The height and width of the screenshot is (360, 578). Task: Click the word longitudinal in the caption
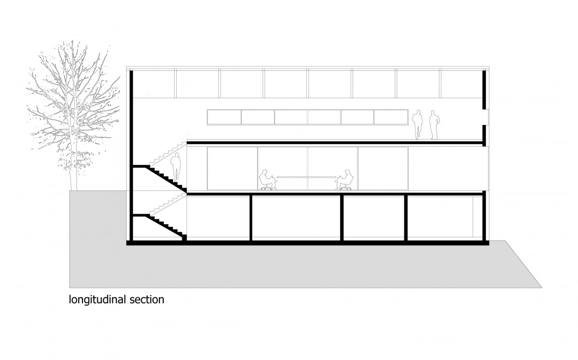(96, 299)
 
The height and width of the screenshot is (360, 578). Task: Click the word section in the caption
(145, 299)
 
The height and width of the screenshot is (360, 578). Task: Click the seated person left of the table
(266, 179)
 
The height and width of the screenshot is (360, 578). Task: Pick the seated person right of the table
(345, 179)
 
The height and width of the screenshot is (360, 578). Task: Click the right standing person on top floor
(434, 125)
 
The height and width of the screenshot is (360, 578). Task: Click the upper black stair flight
(164, 178)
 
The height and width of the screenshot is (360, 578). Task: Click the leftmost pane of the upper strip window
(224, 116)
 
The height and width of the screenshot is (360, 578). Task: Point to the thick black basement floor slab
(306, 243)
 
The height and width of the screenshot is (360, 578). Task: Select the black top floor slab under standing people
(333, 143)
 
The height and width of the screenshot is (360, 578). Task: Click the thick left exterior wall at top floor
(132, 109)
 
